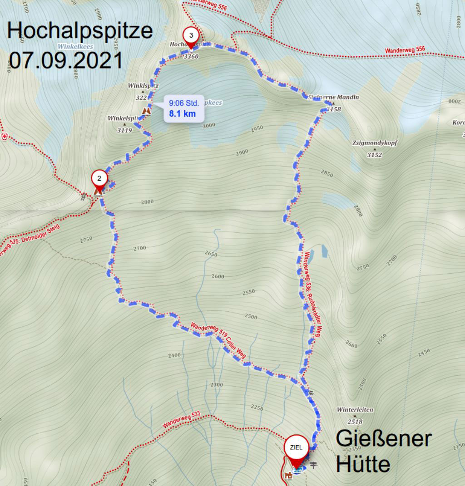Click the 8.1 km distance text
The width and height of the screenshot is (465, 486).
tap(182, 114)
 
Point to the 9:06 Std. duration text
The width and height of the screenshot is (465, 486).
tap(184, 103)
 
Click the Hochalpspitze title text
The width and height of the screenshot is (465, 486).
tap(80, 31)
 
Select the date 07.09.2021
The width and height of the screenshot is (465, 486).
tap(66, 60)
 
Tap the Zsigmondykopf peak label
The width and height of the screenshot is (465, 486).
tap(375, 143)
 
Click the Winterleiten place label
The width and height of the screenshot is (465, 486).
tap(355, 410)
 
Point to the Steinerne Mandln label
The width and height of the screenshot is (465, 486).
tap(333, 97)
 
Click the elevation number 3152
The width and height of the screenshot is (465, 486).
tap(375, 155)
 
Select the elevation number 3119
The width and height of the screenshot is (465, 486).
tap(124, 130)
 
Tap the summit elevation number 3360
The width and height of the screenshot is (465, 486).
tap(191, 56)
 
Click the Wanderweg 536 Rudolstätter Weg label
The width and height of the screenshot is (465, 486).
tap(313, 291)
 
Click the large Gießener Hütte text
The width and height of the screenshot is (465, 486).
tap(383, 451)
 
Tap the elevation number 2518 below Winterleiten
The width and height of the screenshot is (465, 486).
tap(355, 422)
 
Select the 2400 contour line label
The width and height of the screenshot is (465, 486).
tap(174, 355)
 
